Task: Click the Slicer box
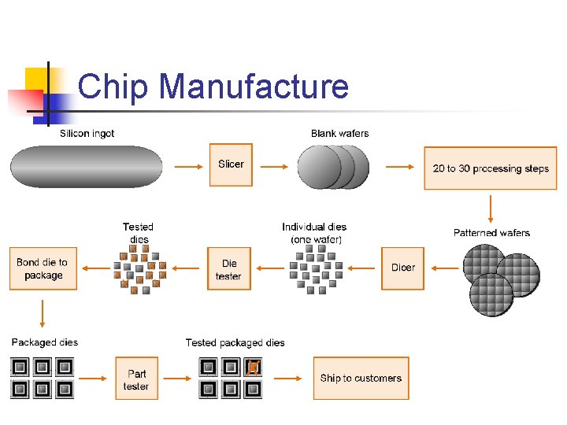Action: click(231, 164)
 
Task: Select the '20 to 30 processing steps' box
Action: click(491, 168)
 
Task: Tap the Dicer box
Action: click(402, 268)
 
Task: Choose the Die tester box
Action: click(228, 269)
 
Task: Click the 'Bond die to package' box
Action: click(43, 269)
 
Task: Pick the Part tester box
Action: click(136, 379)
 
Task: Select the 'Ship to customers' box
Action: click(361, 379)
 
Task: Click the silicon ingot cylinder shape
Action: click(87, 167)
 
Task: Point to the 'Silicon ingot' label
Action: click(87, 134)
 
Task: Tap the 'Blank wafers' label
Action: click(339, 134)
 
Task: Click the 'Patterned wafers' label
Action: click(491, 233)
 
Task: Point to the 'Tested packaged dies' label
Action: click(235, 342)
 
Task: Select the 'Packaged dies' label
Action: click(45, 342)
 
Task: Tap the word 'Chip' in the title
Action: click(113, 87)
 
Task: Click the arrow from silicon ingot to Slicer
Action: click(186, 167)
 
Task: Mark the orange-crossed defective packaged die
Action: click(253, 367)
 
